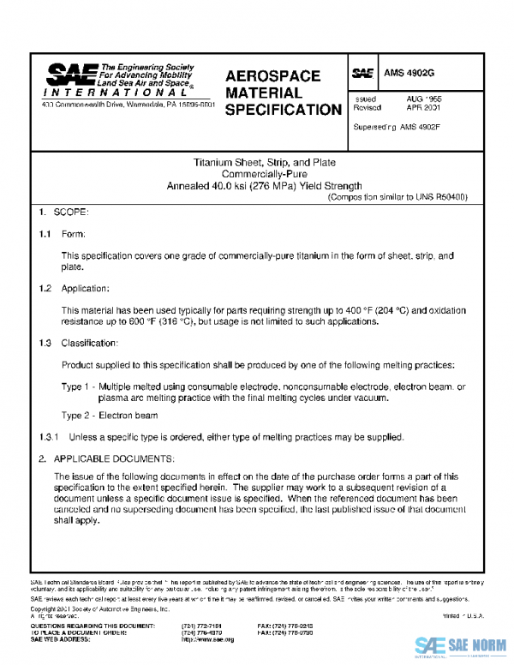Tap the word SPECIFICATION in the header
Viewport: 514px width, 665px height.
click(x=283, y=110)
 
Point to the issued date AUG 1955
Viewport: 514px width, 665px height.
click(x=424, y=99)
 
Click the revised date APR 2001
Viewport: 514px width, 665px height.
click(x=424, y=109)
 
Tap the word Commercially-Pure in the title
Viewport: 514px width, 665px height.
click(x=263, y=173)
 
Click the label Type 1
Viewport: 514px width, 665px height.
click(x=75, y=387)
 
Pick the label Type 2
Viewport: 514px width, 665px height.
click(x=75, y=416)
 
